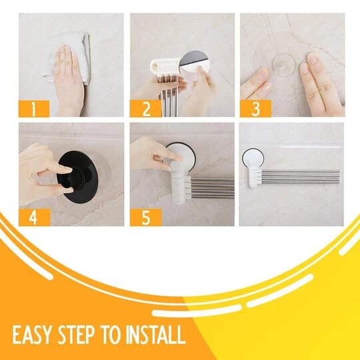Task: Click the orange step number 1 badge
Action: coord(34,109)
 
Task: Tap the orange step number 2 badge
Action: coord(145,109)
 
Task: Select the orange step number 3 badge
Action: coord(256,109)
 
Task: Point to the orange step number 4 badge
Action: coord(35,217)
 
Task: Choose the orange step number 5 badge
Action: coord(146,217)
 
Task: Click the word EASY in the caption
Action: coord(31,334)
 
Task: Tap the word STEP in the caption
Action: coord(76,334)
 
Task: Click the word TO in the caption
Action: coord(111,334)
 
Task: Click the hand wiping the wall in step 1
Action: coord(69,79)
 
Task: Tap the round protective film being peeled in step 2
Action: coord(194,65)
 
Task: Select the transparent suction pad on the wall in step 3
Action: coord(284,64)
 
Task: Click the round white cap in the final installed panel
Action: coord(253,159)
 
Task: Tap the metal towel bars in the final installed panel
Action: coord(300,176)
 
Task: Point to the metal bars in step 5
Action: coord(213,188)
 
